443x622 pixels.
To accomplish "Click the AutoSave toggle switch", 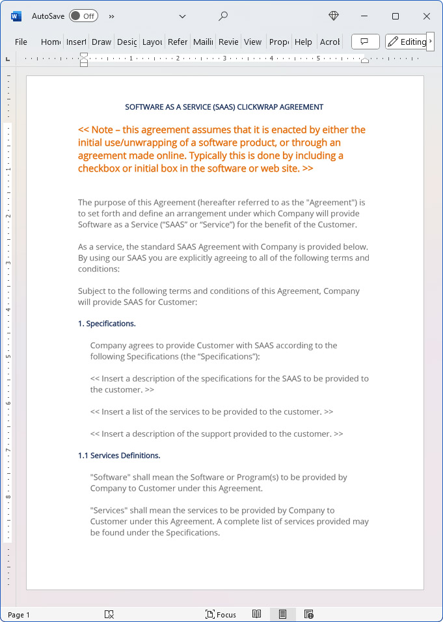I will [x=83, y=16].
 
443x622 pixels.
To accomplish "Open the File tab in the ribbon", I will [x=21, y=42].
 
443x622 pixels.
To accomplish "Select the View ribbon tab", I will [x=252, y=42].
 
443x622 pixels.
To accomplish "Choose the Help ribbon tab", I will [x=303, y=42].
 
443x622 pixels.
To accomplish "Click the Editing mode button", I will [x=407, y=42].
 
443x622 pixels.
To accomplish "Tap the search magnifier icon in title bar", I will [x=223, y=16].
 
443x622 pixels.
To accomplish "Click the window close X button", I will [x=427, y=16].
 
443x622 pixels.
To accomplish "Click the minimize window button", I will [x=364, y=16].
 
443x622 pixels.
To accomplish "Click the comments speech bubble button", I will [x=365, y=42].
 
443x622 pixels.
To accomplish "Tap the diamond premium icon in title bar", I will [x=334, y=16].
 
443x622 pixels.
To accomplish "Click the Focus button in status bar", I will [x=221, y=614].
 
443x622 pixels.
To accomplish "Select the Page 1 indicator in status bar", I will [x=19, y=615].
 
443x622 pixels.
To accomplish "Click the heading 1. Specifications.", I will [x=107, y=324].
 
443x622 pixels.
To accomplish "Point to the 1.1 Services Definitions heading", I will [x=119, y=456].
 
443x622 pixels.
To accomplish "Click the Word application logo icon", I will [x=16, y=16].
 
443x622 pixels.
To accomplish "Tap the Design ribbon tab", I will [x=127, y=42].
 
